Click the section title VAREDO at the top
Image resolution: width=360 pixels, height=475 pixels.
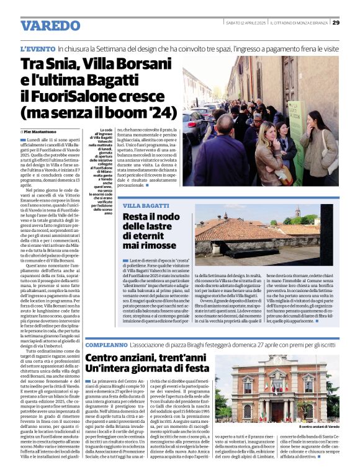(50, 25)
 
